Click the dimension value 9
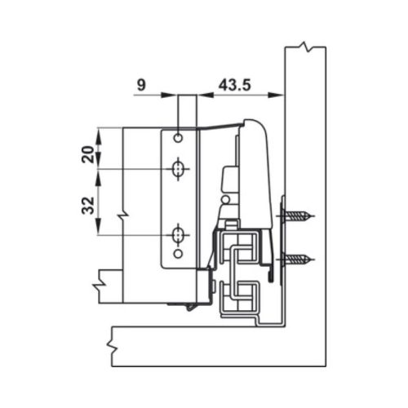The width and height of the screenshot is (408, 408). (x=141, y=84)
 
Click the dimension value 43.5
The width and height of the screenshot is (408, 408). (x=235, y=84)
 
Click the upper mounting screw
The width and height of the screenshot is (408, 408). (x=298, y=217)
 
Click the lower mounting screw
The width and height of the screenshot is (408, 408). (x=298, y=260)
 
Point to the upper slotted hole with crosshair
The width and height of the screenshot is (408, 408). (x=178, y=170)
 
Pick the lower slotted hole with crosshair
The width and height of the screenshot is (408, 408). (x=178, y=236)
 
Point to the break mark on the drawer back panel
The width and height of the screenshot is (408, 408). (x=122, y=215)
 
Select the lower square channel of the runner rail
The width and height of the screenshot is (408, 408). (x=241, y=290)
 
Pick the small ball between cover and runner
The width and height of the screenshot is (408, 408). (x=223, y=197)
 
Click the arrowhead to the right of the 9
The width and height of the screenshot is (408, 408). (x=172, y=95)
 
